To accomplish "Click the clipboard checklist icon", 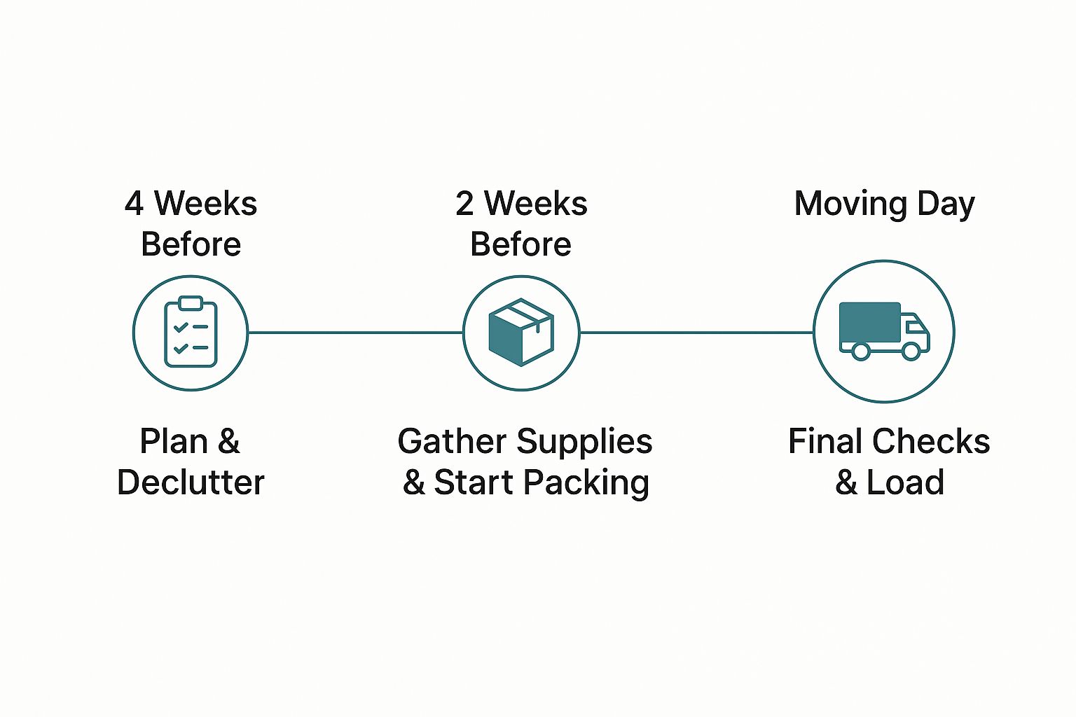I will click(191, 333).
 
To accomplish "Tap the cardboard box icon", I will click(521, 333).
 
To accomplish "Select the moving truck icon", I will click(884, 331).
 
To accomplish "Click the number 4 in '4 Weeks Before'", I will click(134, 204).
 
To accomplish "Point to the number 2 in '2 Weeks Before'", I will click(464, 204).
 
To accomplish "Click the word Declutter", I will click(191, 482).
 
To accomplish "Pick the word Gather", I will click(452, 442).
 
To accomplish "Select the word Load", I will click(905, 482).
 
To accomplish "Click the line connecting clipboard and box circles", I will click(355, 333).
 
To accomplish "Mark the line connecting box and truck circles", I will click(696, 333).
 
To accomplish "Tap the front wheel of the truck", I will click(911, 350).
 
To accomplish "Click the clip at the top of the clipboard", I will click(191, 303).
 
